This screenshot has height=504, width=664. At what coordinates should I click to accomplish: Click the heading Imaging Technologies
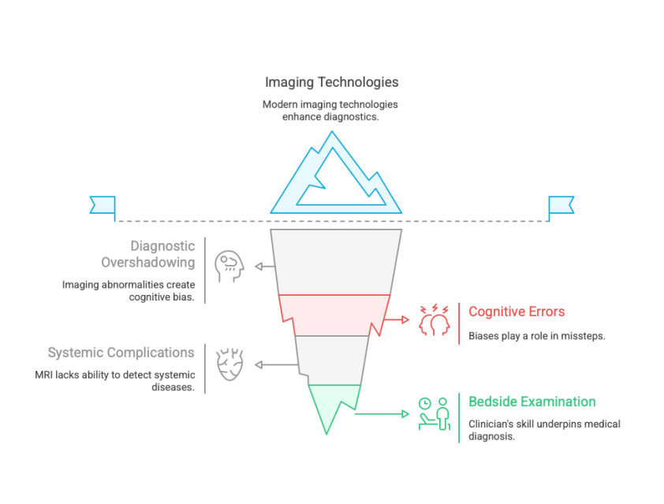point(331,82)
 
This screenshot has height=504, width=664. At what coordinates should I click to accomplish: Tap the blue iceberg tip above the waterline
point(335,177)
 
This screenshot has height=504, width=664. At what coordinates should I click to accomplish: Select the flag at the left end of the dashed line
point(103,206)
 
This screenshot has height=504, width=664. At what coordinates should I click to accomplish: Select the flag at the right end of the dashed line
point(561,206)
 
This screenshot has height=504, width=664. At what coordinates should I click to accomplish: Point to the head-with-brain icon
point(230,266)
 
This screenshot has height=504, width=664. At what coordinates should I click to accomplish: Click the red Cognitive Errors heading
point(517,312)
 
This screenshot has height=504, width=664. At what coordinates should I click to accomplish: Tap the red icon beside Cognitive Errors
point(434,319)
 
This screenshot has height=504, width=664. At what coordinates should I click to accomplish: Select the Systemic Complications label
point(121,352)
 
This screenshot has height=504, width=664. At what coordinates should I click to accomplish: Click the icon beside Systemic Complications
point(230,364)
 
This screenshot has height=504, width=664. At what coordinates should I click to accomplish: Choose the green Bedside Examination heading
point(532,402)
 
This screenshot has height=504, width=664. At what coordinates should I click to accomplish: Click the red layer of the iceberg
point(335,308)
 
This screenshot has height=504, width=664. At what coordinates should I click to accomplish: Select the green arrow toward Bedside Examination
point(382,412)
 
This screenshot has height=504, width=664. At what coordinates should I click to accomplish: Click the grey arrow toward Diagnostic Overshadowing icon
point(265,267)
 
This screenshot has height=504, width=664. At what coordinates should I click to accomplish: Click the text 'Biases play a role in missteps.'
point(536,335)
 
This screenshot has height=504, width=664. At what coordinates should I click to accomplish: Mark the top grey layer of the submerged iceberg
point(335,260)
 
